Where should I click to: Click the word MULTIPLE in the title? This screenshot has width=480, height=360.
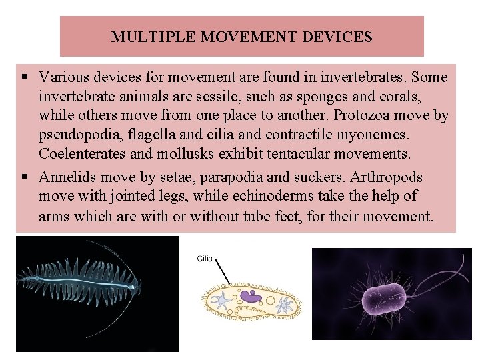point(142,37)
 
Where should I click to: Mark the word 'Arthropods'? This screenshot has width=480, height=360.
point(385,178)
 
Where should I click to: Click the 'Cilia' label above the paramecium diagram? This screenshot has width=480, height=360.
point(205,257)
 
